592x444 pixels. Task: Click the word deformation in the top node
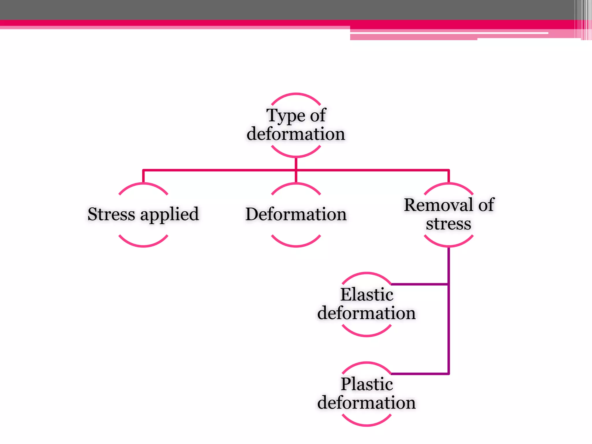(296, 134)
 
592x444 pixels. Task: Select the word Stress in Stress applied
(111, 214)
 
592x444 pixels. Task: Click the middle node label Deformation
(296, 214)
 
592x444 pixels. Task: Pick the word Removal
(439, 205)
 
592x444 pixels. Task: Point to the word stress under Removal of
(448, 224)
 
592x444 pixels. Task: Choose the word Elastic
(367, 295)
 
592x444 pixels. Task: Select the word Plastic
(367, 384)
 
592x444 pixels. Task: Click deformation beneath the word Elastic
(366, 313)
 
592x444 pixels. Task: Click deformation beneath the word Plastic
(366, 403)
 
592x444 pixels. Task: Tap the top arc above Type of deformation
(296, 94)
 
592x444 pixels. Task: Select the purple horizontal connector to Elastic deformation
(419, 284)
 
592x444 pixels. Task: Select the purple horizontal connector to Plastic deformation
(419, 374)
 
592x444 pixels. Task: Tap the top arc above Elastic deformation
(367, 273)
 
